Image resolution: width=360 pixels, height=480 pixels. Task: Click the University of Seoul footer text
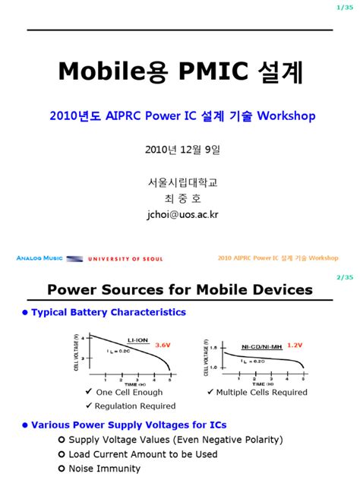pyautogui.click(x=126, y=259)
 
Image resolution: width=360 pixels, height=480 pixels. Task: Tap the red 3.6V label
pyautogui.click(x=163, y=344)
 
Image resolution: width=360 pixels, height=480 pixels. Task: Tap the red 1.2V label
pyautogui.click(x=295, y=345)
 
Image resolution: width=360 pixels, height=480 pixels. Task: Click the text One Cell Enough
pyautogui.click(x=129, y=393)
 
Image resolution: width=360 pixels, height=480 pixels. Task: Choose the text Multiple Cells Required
pyautogui.click(x=262, y=393)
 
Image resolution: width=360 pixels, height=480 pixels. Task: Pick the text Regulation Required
pyautogui.click(x=135, y=406)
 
